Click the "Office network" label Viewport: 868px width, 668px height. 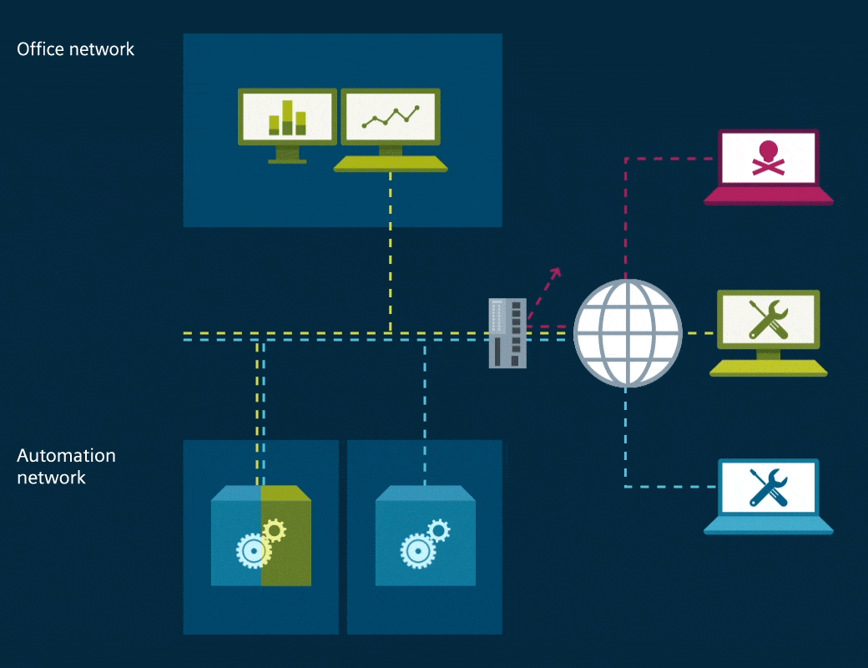(x=75, y=49)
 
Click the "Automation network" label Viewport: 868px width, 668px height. (x=66, y=467)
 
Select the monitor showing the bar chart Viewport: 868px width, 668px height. (x=287, y=117)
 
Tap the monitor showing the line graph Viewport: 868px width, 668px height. (x=390, y=117)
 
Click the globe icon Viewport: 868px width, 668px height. (x=628, y=332)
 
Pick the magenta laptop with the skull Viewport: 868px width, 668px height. (x=769, y=167)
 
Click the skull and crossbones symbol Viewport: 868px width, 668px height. (x=767, y=158)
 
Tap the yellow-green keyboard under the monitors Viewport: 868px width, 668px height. (x=390, y=164)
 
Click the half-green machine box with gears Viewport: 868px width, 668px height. (x=261, y=534)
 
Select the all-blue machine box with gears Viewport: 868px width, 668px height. (x=425, y=534)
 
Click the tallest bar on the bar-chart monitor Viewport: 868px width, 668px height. (x=287, y=117)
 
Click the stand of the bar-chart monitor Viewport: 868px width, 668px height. (x=287, y=154)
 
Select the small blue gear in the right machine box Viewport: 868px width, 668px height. (x=438, y=529)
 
